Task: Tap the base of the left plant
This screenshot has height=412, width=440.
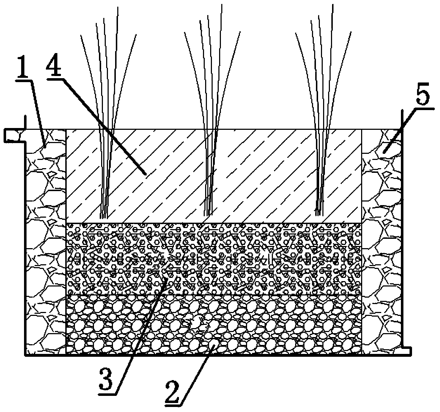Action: (104, 215)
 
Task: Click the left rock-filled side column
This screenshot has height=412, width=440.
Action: (46, 251)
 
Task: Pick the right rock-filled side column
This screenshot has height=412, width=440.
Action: (382, 251)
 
